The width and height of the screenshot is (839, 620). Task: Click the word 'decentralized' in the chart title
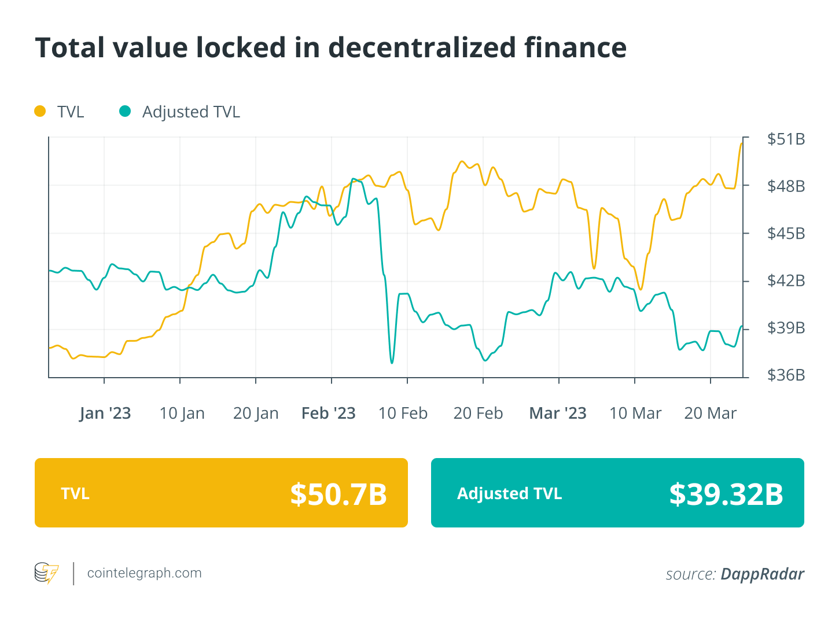point(421,48)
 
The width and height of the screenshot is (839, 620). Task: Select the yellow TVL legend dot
point(40,111)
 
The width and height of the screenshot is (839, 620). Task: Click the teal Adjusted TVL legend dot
point(125,111)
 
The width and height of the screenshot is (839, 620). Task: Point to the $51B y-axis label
point(786,139)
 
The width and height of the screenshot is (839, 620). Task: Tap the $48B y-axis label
point(786,186)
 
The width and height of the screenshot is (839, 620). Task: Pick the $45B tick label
point(786,234)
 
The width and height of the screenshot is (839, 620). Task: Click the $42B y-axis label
point(786,281)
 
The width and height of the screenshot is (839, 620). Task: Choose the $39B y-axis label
point(786,328)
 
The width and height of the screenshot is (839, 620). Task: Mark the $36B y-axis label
point(786,375)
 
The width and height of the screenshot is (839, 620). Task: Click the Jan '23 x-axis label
point(105,414)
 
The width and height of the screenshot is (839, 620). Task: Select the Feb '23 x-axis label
point(329,414)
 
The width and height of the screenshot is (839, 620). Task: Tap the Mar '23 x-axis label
point(558,414)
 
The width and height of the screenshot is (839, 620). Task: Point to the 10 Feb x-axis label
point(403,414)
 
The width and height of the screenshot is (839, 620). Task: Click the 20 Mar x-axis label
point(710,414)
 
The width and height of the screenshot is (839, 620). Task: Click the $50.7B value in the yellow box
point(338,494)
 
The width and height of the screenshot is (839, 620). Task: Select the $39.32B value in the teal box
point(726,494)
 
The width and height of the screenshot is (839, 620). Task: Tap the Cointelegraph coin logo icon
point(46,573)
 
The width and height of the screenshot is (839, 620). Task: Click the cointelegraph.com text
point(144,573)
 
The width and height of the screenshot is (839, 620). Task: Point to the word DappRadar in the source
point(762,574)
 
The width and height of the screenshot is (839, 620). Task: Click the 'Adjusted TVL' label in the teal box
point(509,494)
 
